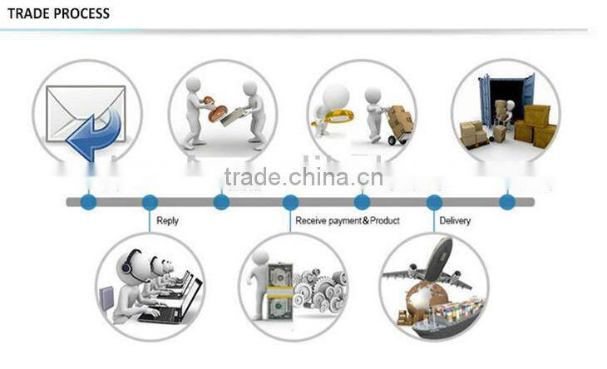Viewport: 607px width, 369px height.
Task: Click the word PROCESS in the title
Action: pos(81,13)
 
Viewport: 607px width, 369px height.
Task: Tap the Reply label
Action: pos(168,221)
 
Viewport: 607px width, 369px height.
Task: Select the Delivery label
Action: pos(455,220)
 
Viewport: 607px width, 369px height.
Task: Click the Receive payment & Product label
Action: pos(348,220)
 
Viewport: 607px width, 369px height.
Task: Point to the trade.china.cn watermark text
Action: pos(303,176)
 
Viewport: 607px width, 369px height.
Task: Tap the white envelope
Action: pos(85,113)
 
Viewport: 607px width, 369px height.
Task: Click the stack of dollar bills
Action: pos(279,291)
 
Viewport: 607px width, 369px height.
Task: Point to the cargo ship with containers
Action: pos(449,318)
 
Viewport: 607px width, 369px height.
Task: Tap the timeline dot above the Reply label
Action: pos(150,202)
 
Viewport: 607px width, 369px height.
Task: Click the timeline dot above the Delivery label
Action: pos(434,202)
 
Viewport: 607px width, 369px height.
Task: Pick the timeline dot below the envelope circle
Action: pos(89,202)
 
